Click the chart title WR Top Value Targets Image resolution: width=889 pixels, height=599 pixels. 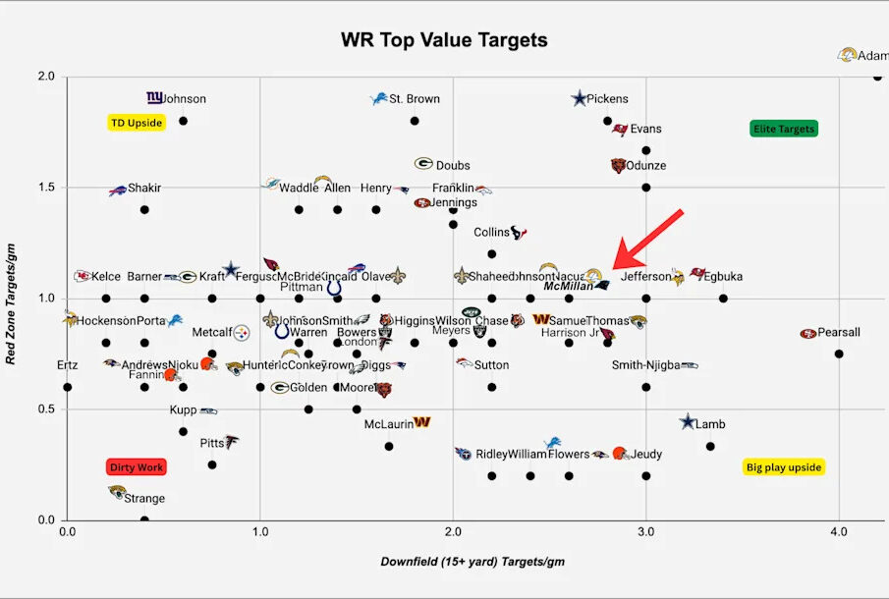[x=444, y=40]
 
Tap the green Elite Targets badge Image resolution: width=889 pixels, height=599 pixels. [x=784, y=129]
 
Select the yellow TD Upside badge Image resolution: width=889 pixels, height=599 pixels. [x=136, y=123]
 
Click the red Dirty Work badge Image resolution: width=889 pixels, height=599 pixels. [x=136, y=467]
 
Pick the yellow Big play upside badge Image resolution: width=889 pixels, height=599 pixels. [x=783, y=467]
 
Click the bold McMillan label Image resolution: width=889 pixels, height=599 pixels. [x=567, y=287]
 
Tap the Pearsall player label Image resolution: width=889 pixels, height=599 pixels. [x=839, y=333]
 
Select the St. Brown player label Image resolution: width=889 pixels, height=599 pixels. [x=415, y=99]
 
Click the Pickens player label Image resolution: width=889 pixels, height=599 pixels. [x=607, y=99]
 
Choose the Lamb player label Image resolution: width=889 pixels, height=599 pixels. [x=710, y=424]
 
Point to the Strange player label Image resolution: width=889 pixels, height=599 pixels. [x=144, y=498]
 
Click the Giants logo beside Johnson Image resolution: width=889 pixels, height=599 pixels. [x=154, y=98]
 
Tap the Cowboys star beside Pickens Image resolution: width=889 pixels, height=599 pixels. [x=580, y=98]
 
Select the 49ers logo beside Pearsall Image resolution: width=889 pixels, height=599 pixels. [x=808, y=333]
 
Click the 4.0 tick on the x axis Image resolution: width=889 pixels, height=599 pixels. [x=838, y=531]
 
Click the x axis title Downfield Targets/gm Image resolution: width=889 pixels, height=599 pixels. [x=472, y=562]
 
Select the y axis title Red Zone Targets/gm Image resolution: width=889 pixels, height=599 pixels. [x=14, y=299]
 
